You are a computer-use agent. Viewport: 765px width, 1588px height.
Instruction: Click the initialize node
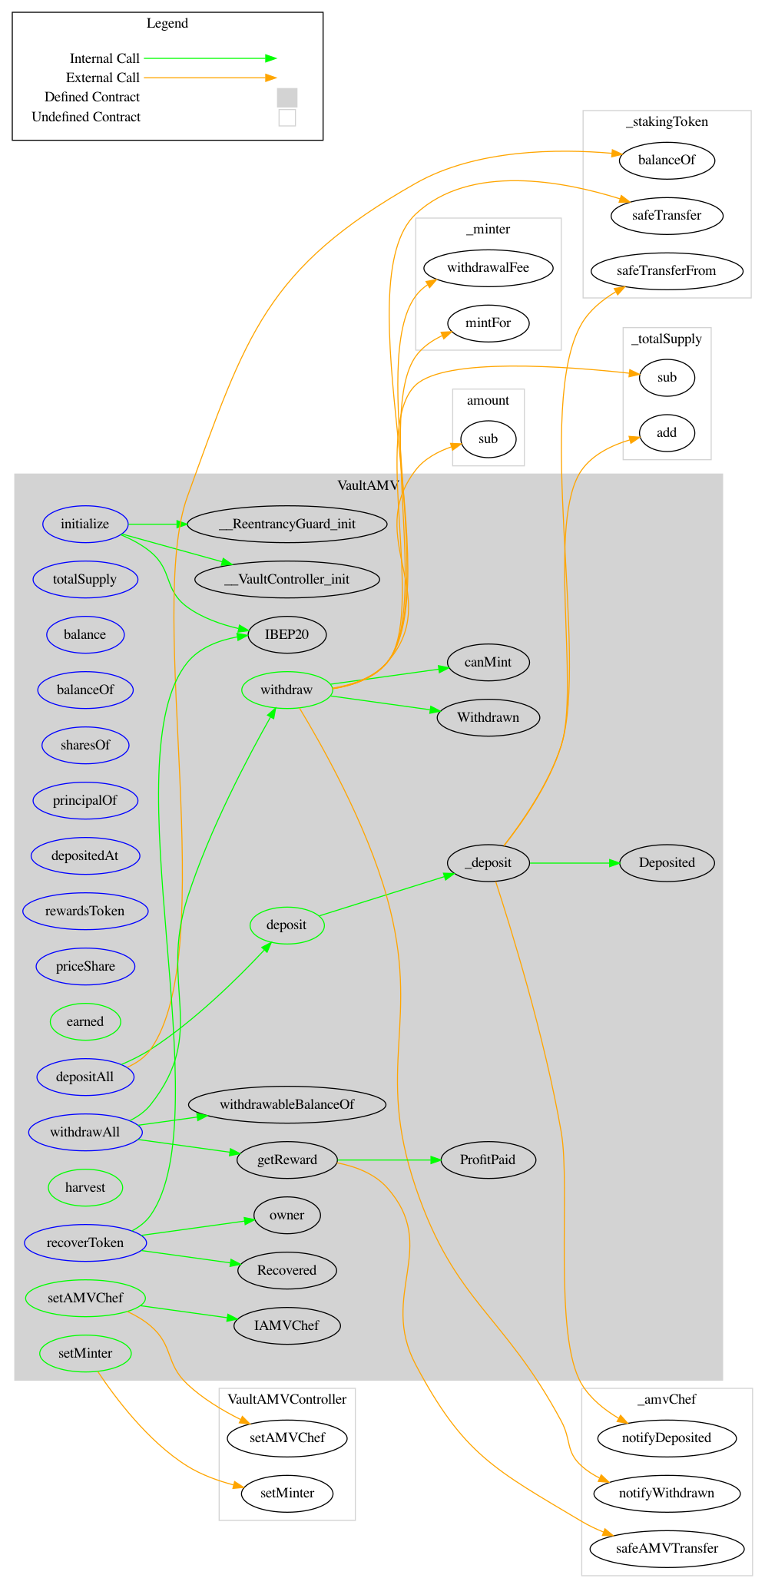pyautogui.click(x=85, y=524)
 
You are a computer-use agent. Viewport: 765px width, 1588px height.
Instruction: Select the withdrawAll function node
pyautogui.click(x=85, y=1132)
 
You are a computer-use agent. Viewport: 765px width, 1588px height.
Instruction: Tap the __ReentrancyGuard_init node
pyautogui.click(x=286, y=524)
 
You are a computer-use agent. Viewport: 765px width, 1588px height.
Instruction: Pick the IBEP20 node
pyautogui.click(x=286, y=634)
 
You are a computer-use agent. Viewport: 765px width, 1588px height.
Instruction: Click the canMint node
pyautogui.click(x=488, y=662)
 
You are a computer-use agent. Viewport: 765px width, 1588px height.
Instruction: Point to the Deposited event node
pyautogui.click(x=666, y=862)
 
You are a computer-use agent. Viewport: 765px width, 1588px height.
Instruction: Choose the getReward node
pyautogui.click(x=286, y=1160)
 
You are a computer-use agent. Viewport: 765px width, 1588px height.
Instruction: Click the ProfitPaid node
pyautogui.click(x=488, y=1160)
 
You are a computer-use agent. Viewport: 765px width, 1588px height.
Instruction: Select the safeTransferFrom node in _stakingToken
pyautogui.click(x=666, y=270)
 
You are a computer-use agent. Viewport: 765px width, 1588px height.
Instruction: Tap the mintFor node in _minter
pyautogui.click(x=488, y=323)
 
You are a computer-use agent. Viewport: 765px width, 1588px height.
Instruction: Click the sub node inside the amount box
pyautogui.click(x=488, y=439)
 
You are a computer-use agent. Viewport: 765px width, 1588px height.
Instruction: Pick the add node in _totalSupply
pyautogui.click(x=666, y=432)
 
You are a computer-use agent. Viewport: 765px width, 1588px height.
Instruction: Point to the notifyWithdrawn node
pyautogui.click(x=666, y=1493)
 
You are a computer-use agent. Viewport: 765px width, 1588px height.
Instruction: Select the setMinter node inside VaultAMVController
pyautogui.click(x=286, y=1493)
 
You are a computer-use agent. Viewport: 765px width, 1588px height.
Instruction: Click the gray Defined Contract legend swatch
pyautogui.click(x=286, y=98)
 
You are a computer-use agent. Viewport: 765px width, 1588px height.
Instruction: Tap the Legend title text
pyautogui.click(x=167, y=23)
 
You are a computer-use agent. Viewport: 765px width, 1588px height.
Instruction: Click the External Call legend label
pyautogui.click(x=103, y=78)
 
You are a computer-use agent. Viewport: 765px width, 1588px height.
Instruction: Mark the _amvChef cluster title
pyautogui.click(x=666, y=1399)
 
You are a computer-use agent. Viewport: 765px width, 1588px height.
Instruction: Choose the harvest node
pyautogui.click(x=85, y=1187)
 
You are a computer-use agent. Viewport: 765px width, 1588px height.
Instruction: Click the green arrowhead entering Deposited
pyautogui.click(x=614, y=863)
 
